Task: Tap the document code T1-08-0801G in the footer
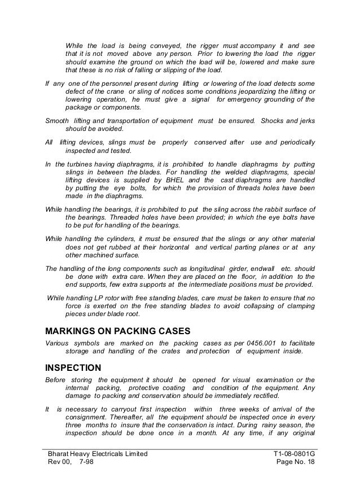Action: coord(291,454)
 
